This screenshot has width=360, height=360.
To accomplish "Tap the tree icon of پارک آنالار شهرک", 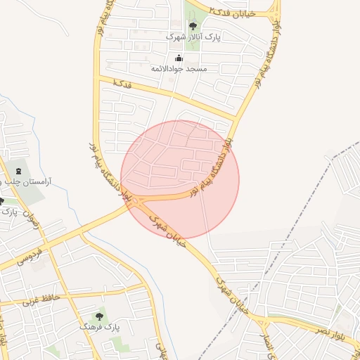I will pos(193,26).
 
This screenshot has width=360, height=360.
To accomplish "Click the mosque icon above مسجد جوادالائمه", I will pos(179,58).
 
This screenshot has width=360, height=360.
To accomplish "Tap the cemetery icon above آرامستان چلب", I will pos(18,171).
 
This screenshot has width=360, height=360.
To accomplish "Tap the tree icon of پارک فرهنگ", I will pos(100,316).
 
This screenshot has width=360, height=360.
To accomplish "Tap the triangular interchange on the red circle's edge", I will pos(136,202).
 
